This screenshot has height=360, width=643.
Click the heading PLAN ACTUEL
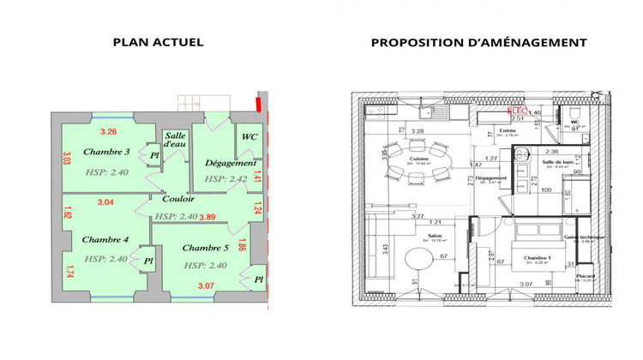(158, 42)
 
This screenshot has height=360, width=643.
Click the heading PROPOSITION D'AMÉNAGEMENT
(478, 42)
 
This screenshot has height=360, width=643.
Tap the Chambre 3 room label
(106, 152)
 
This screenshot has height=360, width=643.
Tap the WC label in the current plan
(249, 136)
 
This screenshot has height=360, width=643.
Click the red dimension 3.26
(108, 132)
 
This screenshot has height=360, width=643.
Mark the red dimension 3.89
(207, 217)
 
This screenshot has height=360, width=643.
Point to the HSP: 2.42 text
(225, 180)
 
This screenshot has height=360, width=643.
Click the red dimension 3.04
(105, 202)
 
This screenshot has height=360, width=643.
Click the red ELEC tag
(517, 111)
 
